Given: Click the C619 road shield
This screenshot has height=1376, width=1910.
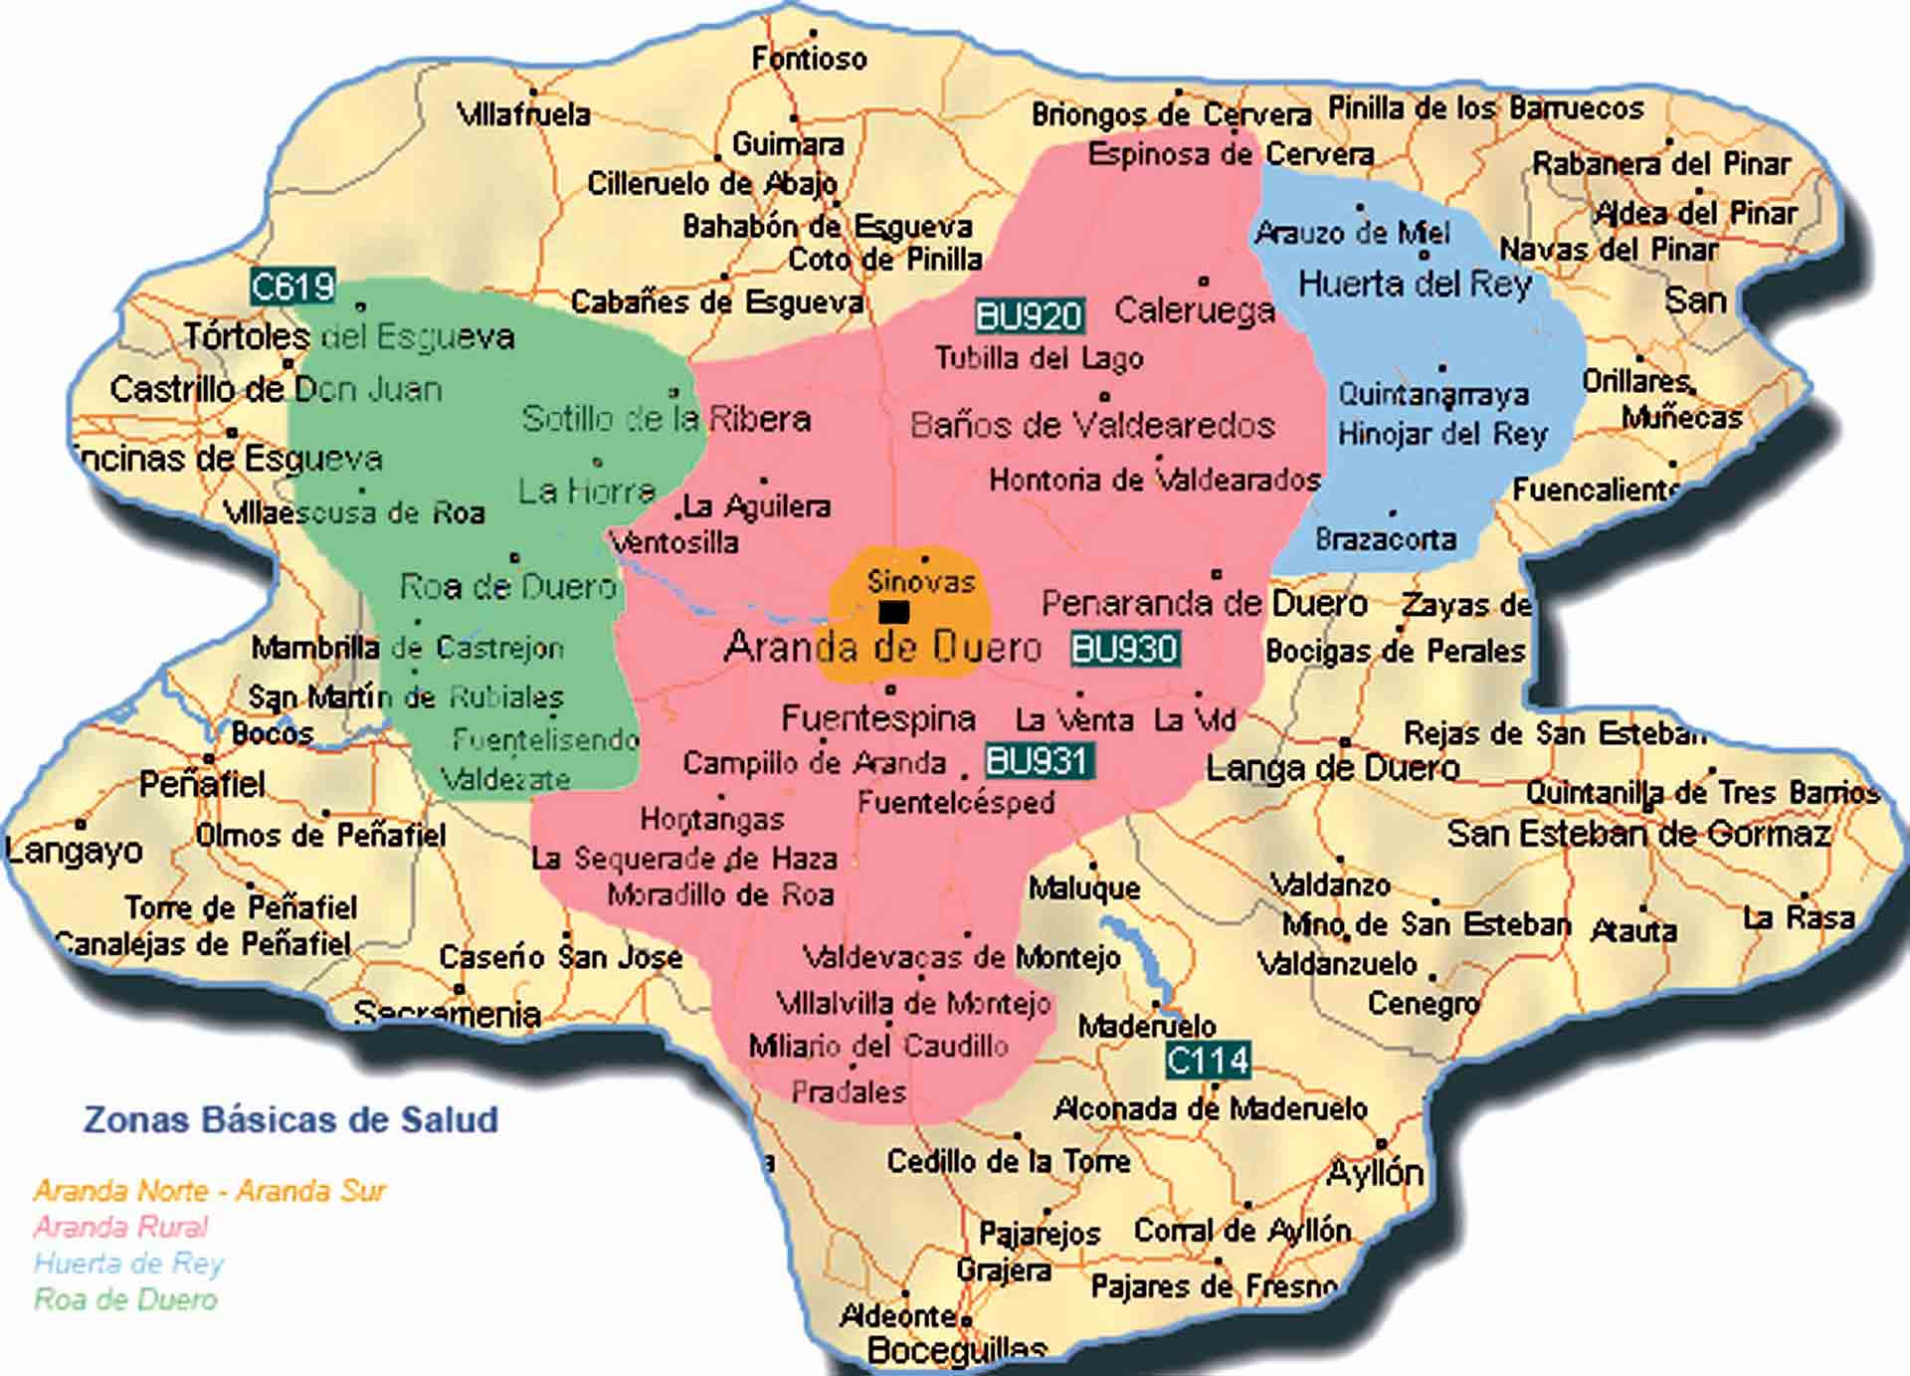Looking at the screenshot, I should coord(291,287).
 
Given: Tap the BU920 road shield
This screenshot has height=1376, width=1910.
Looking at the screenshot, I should coord(1029,316).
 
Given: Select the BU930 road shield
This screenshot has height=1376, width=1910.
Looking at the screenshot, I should coord(1124,649).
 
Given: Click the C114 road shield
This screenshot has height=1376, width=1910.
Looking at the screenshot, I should coord(1207,1061).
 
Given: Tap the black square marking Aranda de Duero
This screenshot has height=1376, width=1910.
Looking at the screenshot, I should coord(893,612).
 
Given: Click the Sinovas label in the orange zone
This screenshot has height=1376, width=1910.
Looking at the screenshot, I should coord(920,581).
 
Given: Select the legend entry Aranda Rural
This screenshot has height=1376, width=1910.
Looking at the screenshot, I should coord(120,1227).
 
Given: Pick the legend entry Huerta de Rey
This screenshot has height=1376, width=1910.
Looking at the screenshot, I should coord(128,1264).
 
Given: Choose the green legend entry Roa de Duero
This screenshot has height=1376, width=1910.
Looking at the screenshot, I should coord(125,1299).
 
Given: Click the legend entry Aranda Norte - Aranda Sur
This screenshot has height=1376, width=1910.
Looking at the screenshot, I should coord(209,1190).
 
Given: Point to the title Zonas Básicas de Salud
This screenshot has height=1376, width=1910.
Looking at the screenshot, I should coord(290,1119).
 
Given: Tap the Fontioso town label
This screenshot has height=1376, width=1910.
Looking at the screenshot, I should coord(809,59).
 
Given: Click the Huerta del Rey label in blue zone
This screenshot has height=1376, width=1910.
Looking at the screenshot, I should coord(1414,285).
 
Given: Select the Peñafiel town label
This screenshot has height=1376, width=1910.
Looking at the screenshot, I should coord(201,785).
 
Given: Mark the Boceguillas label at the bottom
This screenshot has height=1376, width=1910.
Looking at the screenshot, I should coord(956,1351).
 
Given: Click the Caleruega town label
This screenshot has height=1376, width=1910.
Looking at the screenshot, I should coord(1194,310).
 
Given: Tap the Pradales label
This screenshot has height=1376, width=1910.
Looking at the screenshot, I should coord(848,1091).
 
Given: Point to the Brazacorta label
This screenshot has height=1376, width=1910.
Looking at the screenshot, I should coord(1385,539).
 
